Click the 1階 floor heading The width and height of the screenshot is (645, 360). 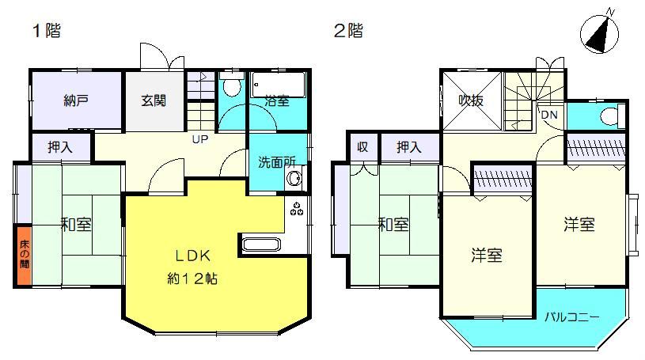point(47,30)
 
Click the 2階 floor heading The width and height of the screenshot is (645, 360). point(348,30)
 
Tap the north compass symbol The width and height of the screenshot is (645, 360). point(599,33)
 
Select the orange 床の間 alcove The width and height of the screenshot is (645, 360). point(25,255)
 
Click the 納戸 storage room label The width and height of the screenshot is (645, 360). point(77,100)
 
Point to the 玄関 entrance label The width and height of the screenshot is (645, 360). point(154,100)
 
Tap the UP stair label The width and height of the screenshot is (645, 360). point(200,139)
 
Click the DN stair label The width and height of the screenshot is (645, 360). point(549,115)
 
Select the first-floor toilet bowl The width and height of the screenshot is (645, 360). point(231,85)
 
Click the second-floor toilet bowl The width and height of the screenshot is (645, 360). point(613,116)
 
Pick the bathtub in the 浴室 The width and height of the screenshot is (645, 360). point(278,85)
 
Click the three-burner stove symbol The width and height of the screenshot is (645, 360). point(297,209)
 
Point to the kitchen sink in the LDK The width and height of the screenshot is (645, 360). point(261,244)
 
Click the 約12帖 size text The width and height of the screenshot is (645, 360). point(192,279)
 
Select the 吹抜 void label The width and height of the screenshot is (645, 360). point(472,100)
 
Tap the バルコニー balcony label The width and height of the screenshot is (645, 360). point(571,317)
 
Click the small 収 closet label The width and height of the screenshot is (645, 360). point(362,146)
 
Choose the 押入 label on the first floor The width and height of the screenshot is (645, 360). point(60,147)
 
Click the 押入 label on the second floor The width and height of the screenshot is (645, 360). point(409,147)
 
